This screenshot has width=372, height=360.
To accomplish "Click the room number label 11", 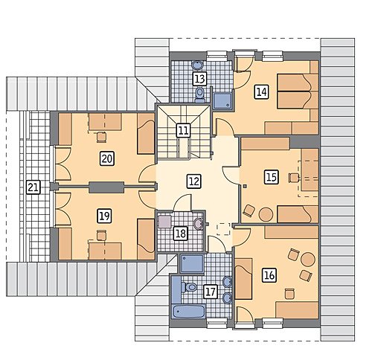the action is coord(184,130).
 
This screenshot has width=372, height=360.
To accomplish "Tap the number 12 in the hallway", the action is coord(194,181).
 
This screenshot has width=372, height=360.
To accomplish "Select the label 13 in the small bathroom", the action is coord(199,79).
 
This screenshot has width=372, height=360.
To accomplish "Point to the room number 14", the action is coord(262,92).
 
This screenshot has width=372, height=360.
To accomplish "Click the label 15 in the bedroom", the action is coord(272,177).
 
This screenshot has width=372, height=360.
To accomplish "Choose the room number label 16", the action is coord(269,275).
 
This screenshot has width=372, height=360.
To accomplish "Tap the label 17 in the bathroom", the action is coord(211,292).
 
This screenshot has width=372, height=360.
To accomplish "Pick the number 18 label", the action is coord(181,234).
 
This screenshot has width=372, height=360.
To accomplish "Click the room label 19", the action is coord(105,216).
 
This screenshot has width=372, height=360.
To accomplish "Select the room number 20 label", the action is coord(107,158).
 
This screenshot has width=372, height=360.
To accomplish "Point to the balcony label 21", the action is coord(33,187).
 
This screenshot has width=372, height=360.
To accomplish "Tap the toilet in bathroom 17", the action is coord(189,287).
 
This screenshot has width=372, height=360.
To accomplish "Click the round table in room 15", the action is coord(266,214).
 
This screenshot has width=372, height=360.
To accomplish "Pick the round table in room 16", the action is coord(308,259).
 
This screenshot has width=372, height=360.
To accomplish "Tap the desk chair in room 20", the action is coord(101,137).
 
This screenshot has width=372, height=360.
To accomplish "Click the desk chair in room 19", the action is coord(101,235).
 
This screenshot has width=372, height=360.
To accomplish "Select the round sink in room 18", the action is coord(199,224).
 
